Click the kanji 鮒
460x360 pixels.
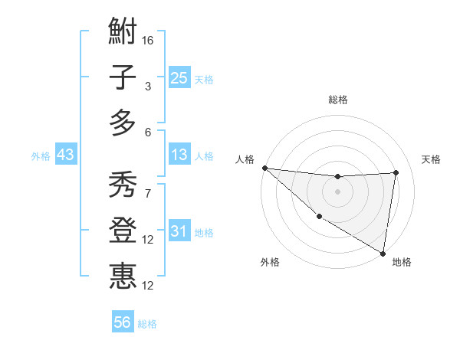click(x=123, y=33)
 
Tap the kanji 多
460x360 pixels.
click(x=123, y=123)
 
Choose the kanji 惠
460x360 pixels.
click(x=123, y=276)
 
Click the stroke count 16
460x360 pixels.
click(x=148, y=40)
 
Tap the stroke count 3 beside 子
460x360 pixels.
click(x=147, y=87)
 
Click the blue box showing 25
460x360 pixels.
click(x=179, y=77)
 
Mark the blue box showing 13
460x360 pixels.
click(x=179, y=155)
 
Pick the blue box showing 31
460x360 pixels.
click(x=179, y=232)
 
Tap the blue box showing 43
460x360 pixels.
click(x=66, y=155)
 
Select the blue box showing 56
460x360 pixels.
click(x=123, y=322)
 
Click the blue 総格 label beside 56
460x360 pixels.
click(x=147, y=324)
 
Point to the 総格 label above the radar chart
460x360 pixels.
click(x=338, y=100)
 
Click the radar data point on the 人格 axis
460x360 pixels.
click(x=264, y=168)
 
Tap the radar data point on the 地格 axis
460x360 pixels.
click(x=383, y=253)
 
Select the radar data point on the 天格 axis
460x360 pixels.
click(x=396, y=172)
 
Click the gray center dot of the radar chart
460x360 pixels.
click(x=337, y=191)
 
